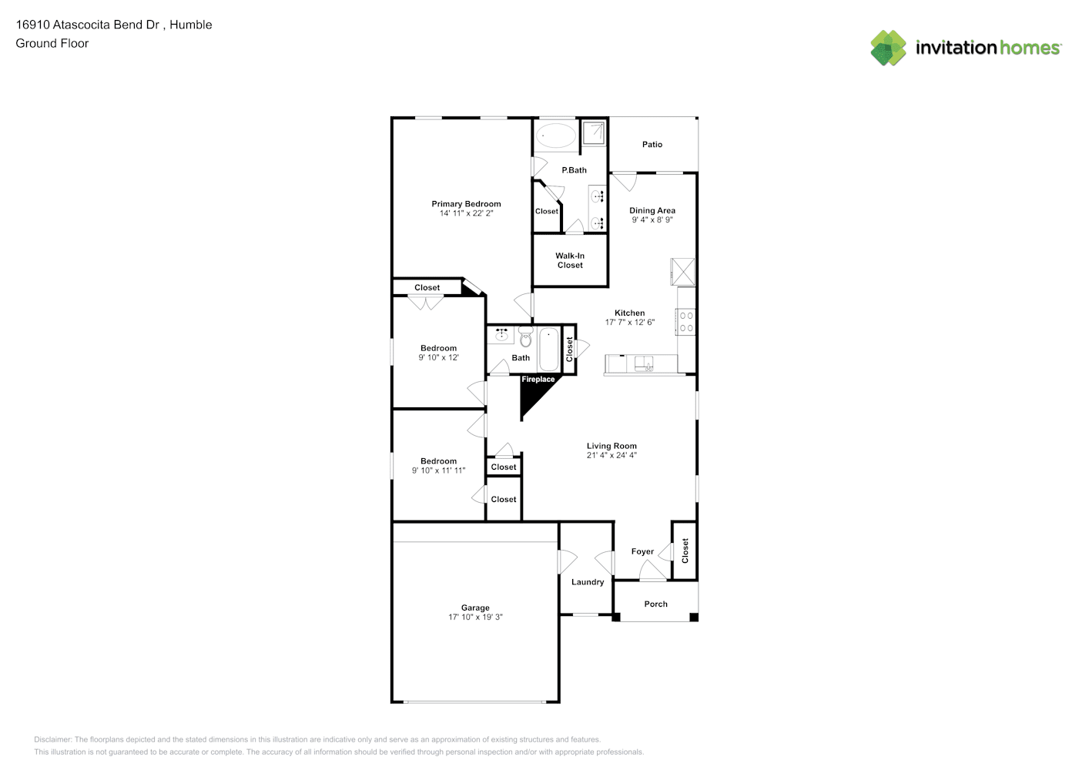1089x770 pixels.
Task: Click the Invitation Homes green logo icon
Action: pos(888,48)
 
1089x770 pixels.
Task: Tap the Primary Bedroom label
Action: pos(466,204)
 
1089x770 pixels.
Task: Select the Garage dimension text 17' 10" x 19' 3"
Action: pos(475,617)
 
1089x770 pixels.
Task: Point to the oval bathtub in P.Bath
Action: pos(556,135)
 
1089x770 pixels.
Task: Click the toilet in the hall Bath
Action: pos(525,336)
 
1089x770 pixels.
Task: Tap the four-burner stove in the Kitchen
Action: pos(686,322)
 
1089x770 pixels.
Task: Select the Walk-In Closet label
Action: pos(570,260)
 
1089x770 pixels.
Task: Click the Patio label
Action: pos(652,145)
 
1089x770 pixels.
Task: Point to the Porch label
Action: pos(655,604)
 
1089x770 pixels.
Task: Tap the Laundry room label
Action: pos(588,582)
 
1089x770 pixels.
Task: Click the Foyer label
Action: pos(642,551)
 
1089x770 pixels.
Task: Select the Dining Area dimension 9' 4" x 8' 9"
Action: pos(652,219)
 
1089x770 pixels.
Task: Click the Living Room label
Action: pos(611,446)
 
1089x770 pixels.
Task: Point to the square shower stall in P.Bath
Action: pos(594,132)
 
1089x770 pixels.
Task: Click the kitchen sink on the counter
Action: pos(643,363)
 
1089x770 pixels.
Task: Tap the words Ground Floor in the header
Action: pos(52,43)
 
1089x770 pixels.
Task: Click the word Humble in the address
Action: pos(190,25)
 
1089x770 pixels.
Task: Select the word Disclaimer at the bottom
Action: pos(53,739)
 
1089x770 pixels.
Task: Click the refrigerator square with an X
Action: pos(682,271)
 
